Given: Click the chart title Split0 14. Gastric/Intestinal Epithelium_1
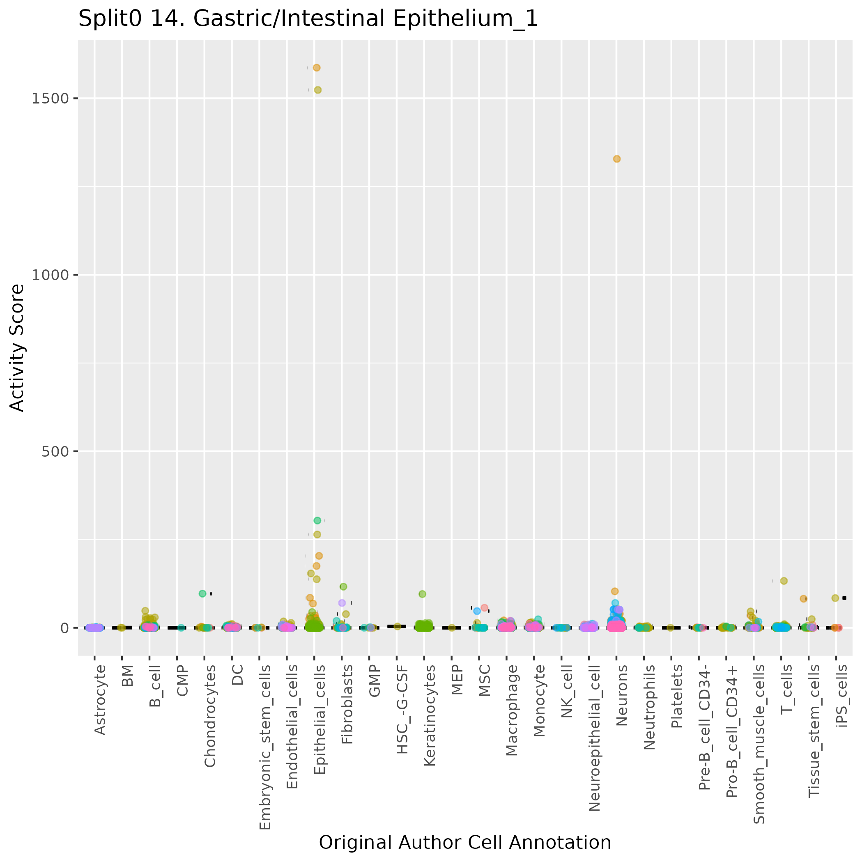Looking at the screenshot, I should coord(308,19).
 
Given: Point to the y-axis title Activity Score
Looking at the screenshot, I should coord(17,347).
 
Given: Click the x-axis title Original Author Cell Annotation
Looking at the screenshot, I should coord(464,843).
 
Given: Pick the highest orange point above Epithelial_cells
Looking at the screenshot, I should coord(317,68).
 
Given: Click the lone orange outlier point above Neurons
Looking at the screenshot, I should coord(616,159).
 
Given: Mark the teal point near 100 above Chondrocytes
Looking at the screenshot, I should coord(202,593).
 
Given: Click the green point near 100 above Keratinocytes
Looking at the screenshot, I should coord(422,594).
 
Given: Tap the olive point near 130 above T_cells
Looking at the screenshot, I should coord(784,581).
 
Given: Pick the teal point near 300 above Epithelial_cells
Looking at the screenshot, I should coord(317,520).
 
